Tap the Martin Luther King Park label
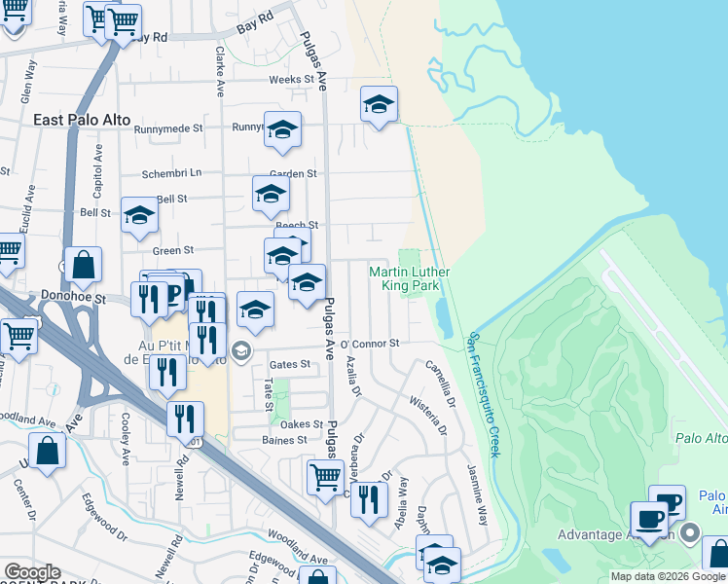coord(408,278)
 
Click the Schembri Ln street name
coord(171,172)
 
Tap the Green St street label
coord(173,250)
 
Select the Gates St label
coord(289,364)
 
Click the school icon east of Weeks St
coord(379,104)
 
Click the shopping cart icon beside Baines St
coord(324,476)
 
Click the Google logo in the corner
coord(32,572)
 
